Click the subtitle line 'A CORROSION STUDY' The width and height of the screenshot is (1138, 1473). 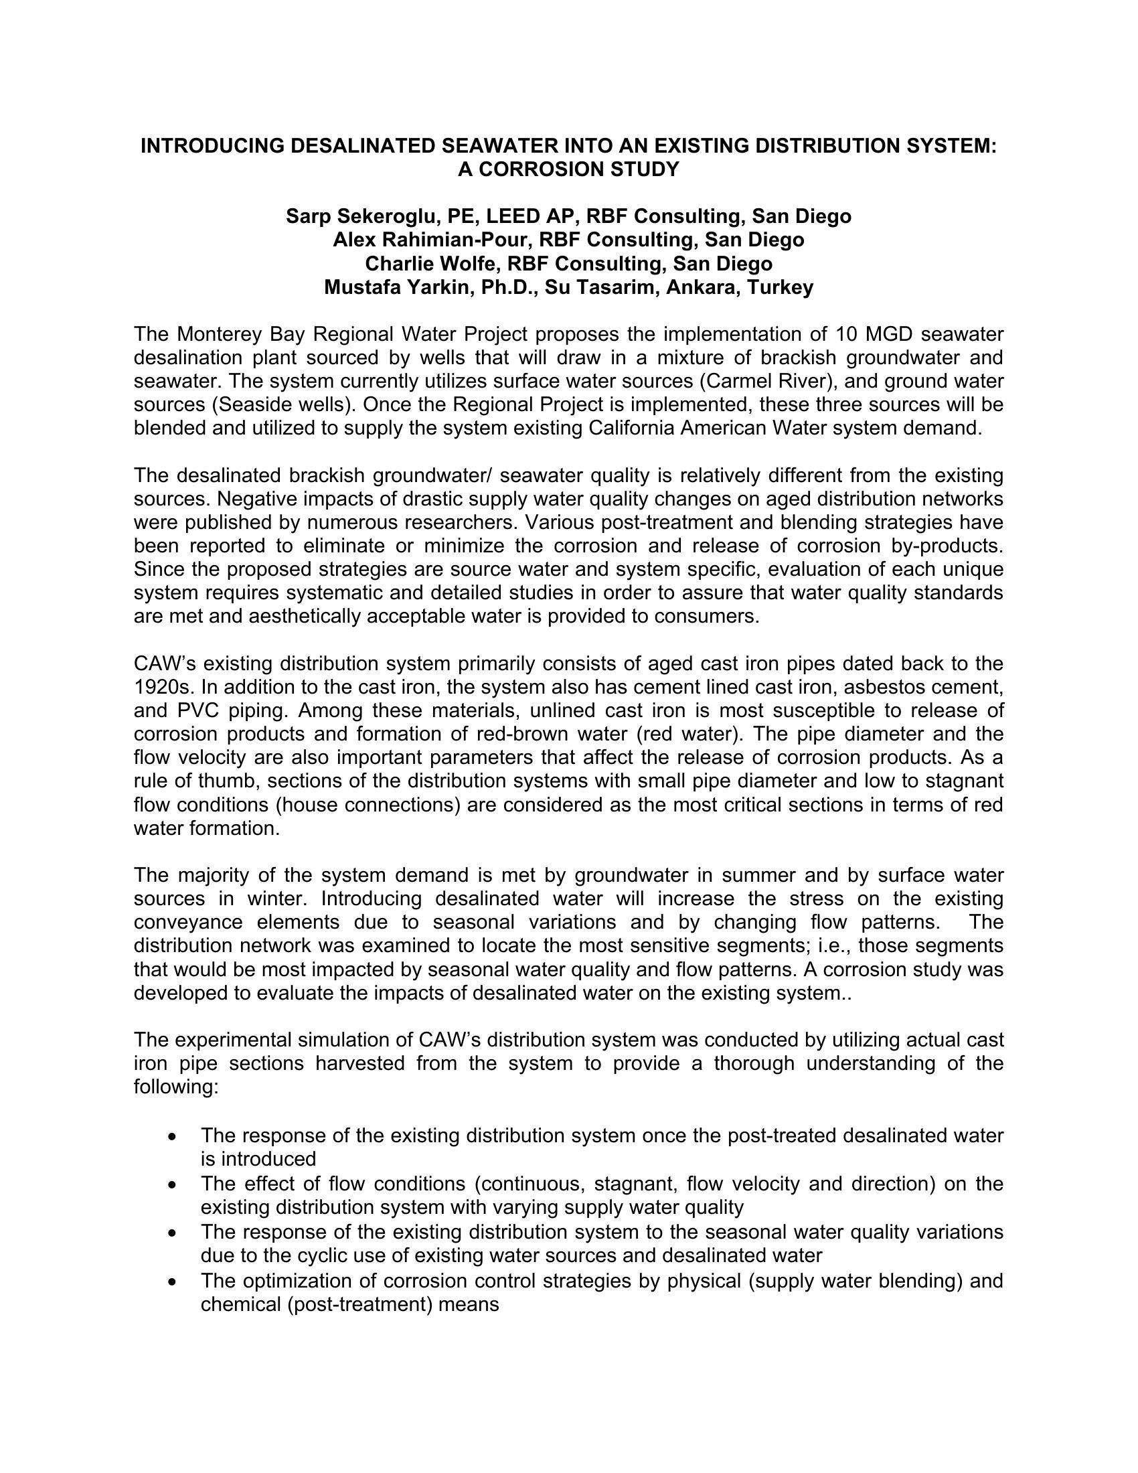tap(568, 169)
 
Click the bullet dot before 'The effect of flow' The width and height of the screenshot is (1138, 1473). tap(175, 1184)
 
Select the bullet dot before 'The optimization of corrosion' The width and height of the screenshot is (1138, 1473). tap(175, 1281)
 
